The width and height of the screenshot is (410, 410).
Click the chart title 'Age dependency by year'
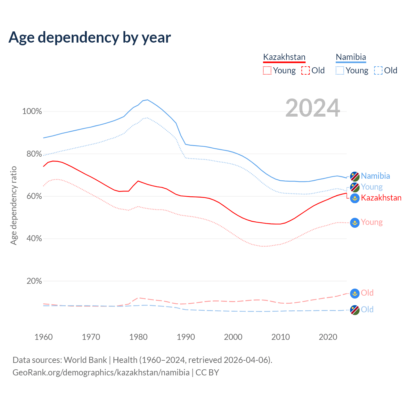pos(90,37)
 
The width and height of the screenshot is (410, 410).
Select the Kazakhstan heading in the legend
pos(284,57)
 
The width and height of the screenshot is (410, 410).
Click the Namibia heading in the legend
pos(351,57)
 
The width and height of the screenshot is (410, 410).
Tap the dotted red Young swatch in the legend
pos(267,70)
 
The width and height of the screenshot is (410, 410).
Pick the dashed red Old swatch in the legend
pos(306,70)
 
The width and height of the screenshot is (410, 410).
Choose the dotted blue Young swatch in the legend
pos(340,70)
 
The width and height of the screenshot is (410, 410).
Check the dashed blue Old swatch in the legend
pos(378,70)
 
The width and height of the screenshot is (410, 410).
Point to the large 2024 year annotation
pos(313,108)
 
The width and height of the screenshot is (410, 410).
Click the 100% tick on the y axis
pos(32,111)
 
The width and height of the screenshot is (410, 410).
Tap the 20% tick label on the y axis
pos(34,281)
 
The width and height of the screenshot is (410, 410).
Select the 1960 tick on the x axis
pos(44,337)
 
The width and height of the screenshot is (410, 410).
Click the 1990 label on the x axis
pos(186,337)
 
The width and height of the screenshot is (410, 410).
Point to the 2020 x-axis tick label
pos(328,337)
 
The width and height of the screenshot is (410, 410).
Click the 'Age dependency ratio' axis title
pos(13,205)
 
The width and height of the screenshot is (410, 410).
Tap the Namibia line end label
pos(375,176)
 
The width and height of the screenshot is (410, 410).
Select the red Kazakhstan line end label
pos(381,198)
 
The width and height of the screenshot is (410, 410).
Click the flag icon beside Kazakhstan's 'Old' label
pos(355,293)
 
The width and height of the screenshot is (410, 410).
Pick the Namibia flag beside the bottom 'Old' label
pos(355,310)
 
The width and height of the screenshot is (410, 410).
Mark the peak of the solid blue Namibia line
pos(147,100)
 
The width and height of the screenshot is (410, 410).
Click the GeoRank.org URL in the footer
pos(101,373)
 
